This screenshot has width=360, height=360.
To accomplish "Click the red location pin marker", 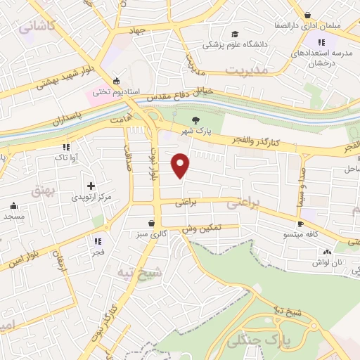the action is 181,165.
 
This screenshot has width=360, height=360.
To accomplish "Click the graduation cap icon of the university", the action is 235,34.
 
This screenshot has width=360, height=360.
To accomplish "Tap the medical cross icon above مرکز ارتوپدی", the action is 91,185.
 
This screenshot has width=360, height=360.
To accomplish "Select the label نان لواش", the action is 327,263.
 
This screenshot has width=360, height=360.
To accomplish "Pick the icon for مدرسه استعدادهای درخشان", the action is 310,63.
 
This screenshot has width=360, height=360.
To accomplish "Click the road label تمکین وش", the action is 201,229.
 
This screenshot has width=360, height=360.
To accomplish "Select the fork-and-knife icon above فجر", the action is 98,240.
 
